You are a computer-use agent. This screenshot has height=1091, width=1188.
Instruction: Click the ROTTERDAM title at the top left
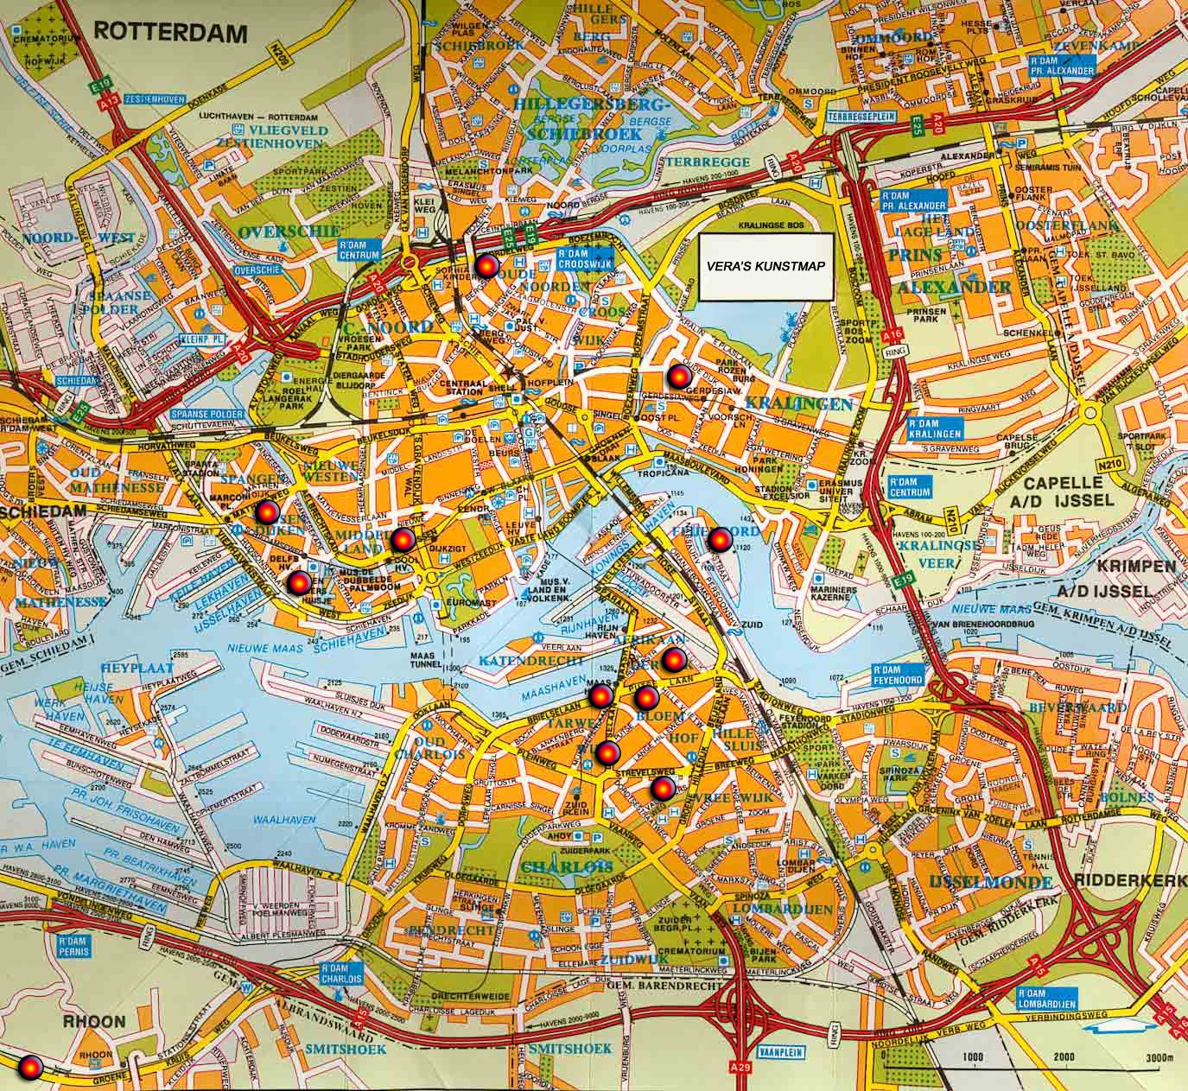point(170,33)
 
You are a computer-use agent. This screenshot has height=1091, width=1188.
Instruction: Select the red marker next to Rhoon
point(31,1068)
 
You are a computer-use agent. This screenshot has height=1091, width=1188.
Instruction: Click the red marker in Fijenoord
point(720,540)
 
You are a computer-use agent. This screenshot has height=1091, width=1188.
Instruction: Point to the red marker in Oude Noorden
point(486,267)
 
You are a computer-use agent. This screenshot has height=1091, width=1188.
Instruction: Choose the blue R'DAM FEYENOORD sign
point(896,676)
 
